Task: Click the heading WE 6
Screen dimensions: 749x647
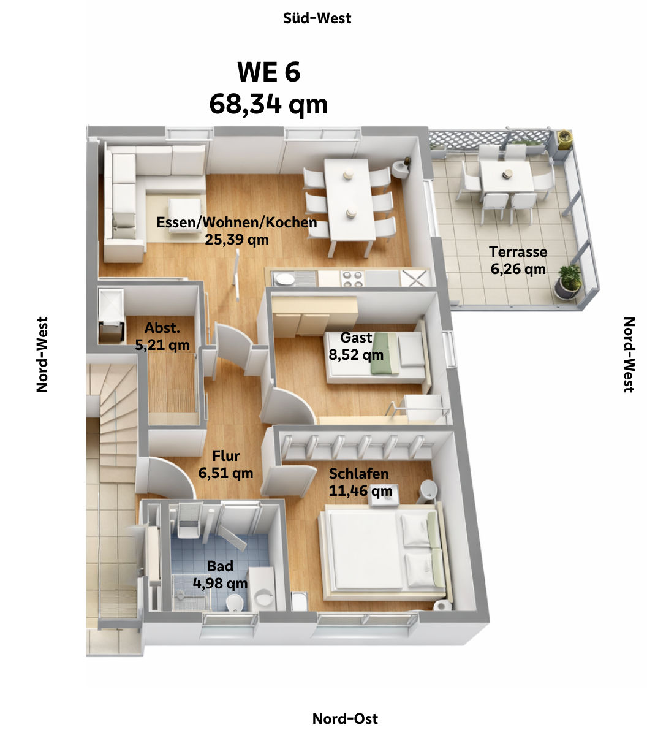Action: (x=268, y=72)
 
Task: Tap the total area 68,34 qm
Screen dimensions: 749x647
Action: (x=268, y=104)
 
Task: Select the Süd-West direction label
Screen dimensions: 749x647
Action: (x=317, y=18)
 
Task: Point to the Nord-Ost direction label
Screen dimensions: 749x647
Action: (x=345, y=718)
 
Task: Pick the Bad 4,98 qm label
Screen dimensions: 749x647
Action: (x=220, y=574)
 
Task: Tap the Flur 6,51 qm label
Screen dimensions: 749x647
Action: (x=225, y=465)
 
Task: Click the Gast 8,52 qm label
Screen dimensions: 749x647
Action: (x=356, y=346)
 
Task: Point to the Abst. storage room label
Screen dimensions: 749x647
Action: (x=162, y=336)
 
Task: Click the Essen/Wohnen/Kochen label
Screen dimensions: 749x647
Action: (x=236, y=230)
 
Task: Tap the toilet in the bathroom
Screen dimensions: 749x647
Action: (x=235, y=603)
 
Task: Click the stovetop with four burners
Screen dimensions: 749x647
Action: (x=353, y=279)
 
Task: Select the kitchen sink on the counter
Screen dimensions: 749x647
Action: (x=285, y=279)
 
